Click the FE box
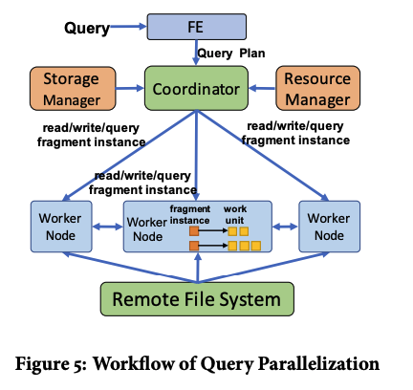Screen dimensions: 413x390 pyautogui.click(x=196, y=27)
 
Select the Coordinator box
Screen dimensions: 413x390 pyautogui.click(x=196, y=88)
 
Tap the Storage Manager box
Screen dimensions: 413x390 pyautogui.click(x=73, y=89)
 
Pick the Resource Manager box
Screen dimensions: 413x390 pyautogui.click(x=317, y=88)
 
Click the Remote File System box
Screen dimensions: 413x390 pyautogui.click(x=197, y=299)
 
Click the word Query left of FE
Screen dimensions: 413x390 pyautogui.click(x=87, y=28)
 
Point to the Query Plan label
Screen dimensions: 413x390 pyautogui.click(x=231, y=54)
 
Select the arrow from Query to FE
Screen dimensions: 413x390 pyautogui.click(x=128, y=27)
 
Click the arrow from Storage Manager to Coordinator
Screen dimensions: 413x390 pyautogui.click(x=130, y=88)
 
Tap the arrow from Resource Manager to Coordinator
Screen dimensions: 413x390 pyautogui.click(x=262, y=88)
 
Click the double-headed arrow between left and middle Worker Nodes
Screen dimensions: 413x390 pyautogui.click(x=108, y=227)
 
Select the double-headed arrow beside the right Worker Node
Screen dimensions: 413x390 pyautogui.click(x=285, y=227)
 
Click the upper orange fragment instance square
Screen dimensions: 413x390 pyautogui.click(x=194, y=231)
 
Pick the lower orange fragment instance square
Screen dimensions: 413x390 pyautogui.click(x=194, y=246)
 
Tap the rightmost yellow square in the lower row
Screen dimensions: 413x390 pyautogui.click(x=256, y=246)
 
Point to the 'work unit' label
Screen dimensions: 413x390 pyautogui.click(x=235, y=214)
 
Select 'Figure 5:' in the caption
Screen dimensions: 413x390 pyautogui.click(x=51, y=363)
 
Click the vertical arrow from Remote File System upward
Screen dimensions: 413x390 pyautogui.click(x=198, y=268)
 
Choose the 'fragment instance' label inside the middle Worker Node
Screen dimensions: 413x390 pyautogui.click(x=189, y=214)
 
